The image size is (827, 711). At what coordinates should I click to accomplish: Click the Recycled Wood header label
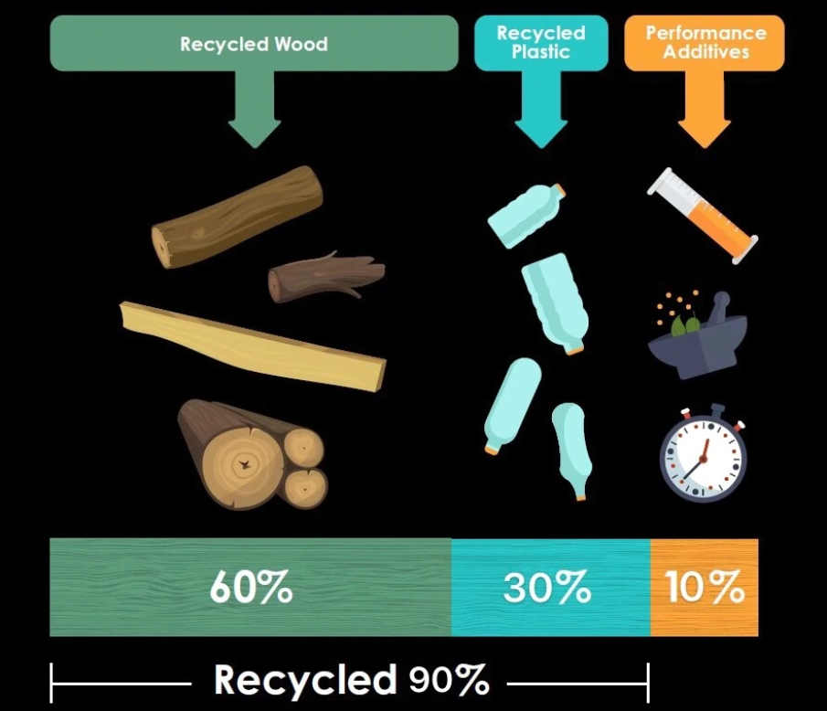click(253, 44)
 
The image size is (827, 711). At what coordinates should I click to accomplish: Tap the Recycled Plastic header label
click(540, 42)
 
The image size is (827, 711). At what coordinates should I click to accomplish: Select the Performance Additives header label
click(704, 42)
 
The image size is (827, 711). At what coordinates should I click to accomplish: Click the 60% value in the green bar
click(250, 588)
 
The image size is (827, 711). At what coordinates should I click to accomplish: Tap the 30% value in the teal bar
click(546, 588)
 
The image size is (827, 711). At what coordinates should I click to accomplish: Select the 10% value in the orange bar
click(704, 588)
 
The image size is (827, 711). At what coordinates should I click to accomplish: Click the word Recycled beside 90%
click(305, 680)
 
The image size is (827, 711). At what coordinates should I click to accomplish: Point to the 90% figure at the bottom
click(449, 680)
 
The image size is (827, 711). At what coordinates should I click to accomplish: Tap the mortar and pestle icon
click(697, 334)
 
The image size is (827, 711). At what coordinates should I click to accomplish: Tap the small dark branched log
click(325, 277)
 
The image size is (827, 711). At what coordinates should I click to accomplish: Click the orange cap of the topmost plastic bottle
click(557, 190)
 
